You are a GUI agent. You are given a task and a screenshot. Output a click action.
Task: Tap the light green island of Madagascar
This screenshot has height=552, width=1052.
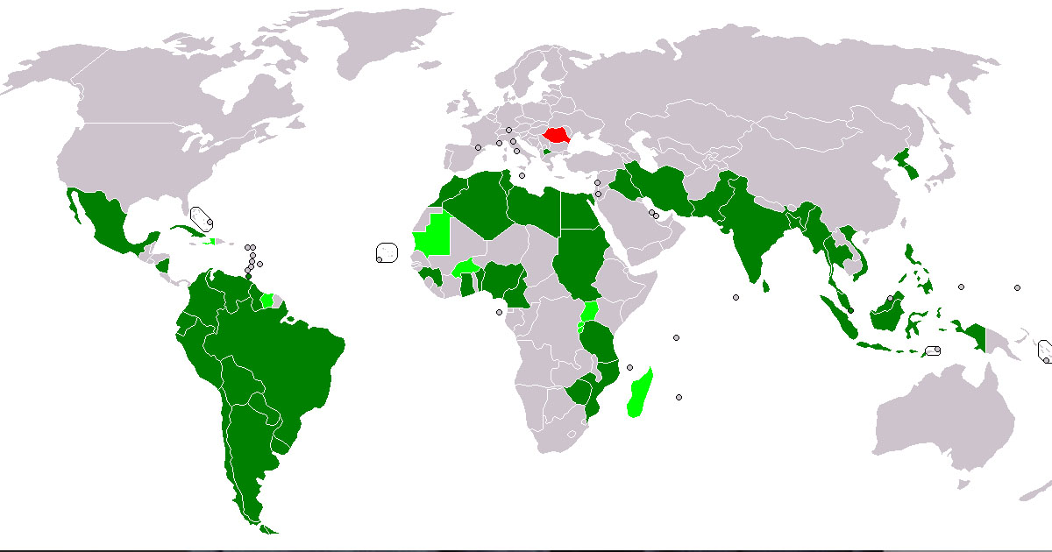click(x=641, y=393)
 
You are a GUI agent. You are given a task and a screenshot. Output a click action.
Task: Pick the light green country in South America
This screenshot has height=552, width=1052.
click(x=267, y=300)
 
